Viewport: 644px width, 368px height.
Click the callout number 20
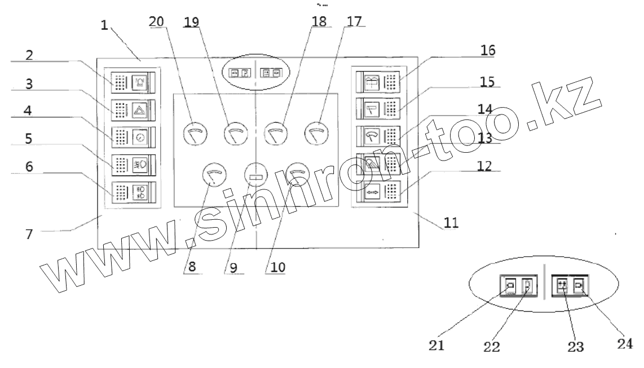(157, 21)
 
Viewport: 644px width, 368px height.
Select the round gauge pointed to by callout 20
(195, 133)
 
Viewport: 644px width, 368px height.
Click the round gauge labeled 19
(235, 133)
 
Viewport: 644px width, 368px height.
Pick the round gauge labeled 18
(276, 133)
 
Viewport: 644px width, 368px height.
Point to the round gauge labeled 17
(316, 133)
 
